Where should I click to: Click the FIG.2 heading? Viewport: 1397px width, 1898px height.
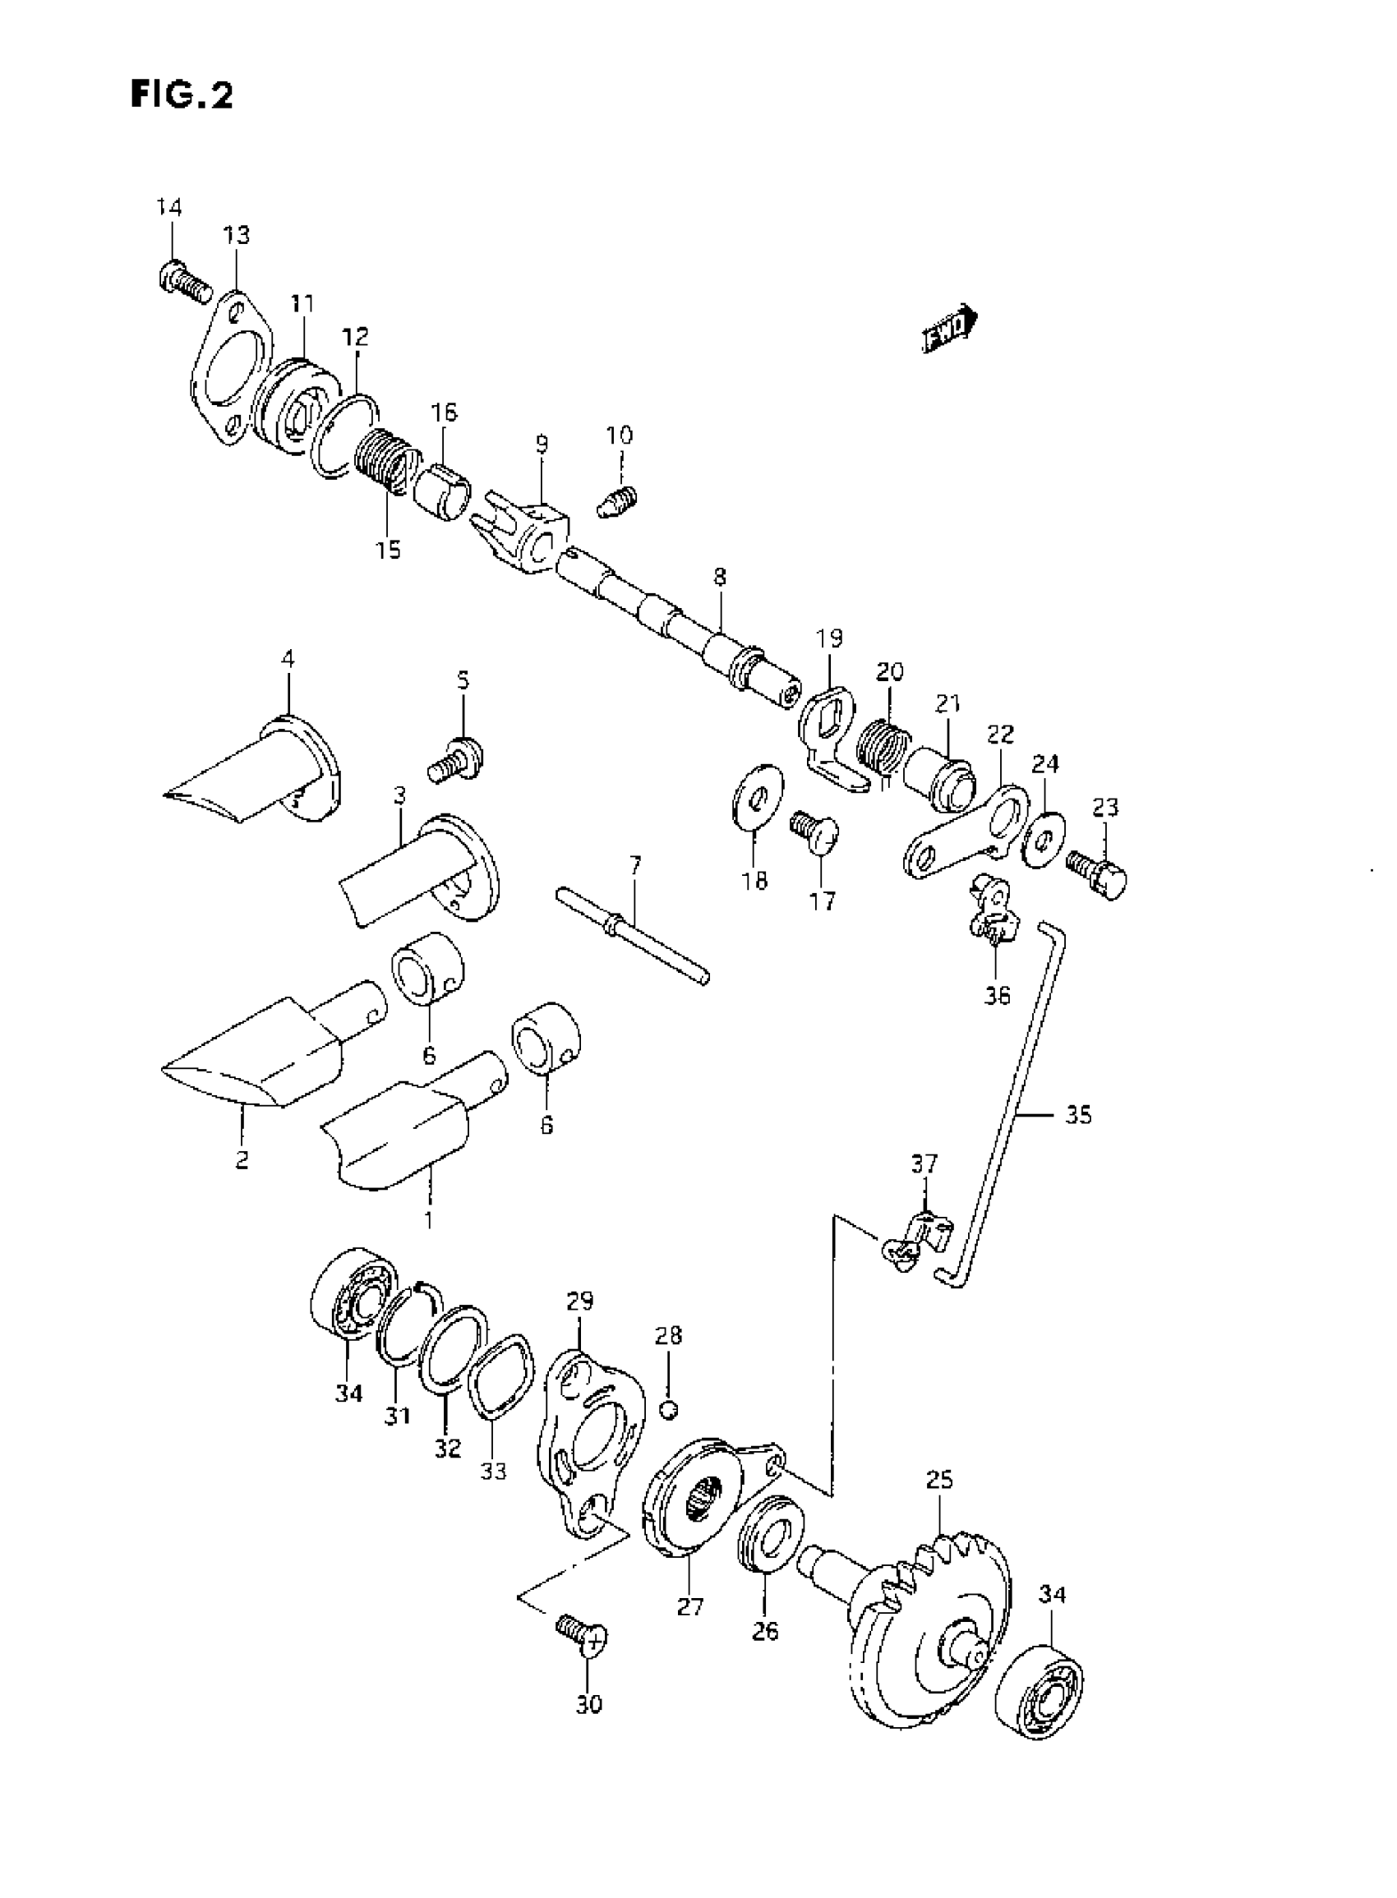pos(182,94)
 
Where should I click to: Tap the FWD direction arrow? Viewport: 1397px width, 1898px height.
pos(948,327)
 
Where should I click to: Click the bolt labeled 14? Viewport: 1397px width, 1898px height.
pos(182,282)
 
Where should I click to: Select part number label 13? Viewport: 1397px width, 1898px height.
pos(237,234)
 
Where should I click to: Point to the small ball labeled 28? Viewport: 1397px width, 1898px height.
pos(669,1407)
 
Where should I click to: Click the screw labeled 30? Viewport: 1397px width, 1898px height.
pos(583,1635)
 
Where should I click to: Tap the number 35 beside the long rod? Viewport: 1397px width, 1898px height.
pos(1079,1115)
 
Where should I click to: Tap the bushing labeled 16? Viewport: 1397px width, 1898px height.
pos(445,490)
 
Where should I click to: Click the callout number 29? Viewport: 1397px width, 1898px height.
pos(580,1300)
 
